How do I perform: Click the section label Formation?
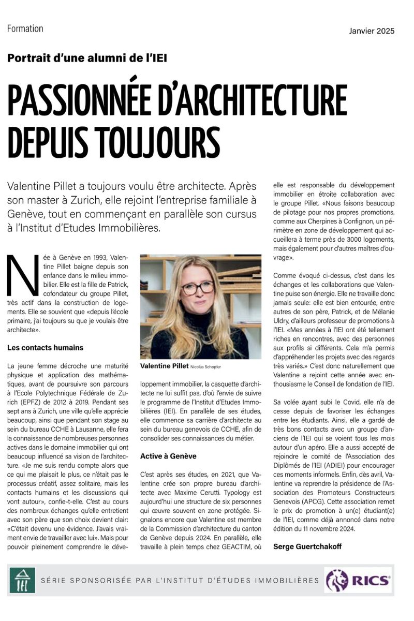click(x=25, y=29)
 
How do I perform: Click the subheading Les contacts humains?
click(x=46, y=347)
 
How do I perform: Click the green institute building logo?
click(x=22, y=581)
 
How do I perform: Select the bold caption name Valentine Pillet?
click(x=160, y=366)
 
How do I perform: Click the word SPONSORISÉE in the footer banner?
click(x=94, y=581)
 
